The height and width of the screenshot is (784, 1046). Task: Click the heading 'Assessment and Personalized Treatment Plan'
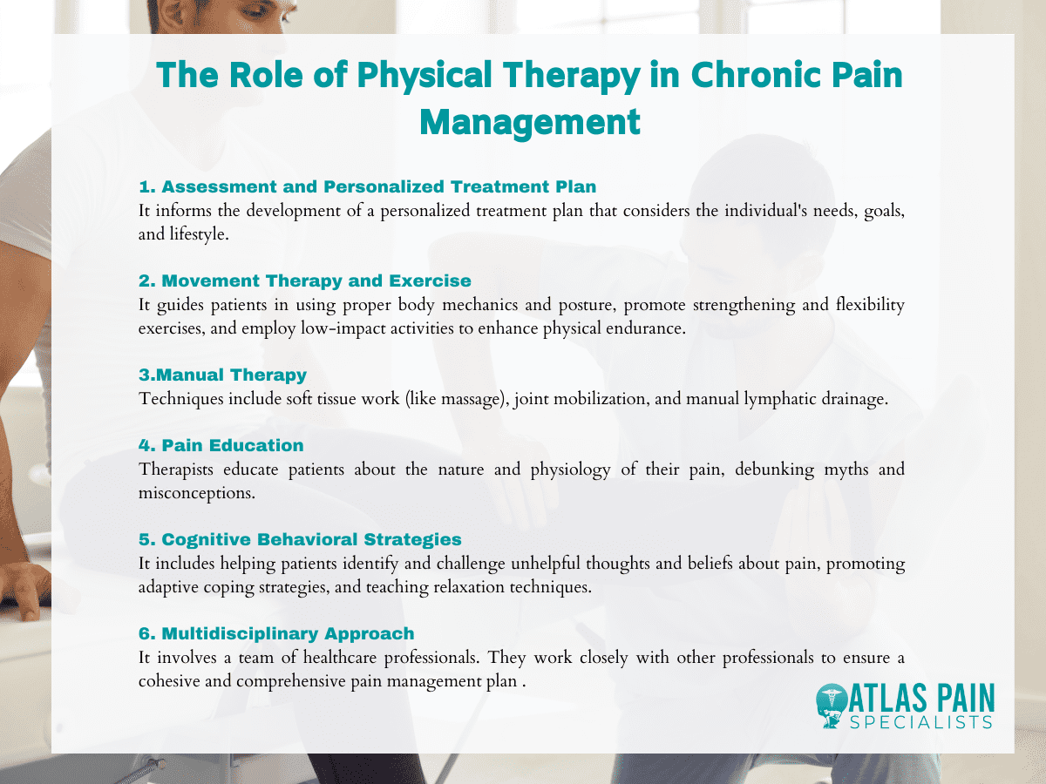pos(368,186)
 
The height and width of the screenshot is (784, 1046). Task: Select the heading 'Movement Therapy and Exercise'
pos(305,280)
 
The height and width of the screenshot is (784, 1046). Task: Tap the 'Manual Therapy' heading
pos(223,375)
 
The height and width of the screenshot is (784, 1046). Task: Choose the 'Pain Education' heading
pos(221,445)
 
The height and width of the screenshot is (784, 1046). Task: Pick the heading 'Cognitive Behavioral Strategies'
pos(300,539)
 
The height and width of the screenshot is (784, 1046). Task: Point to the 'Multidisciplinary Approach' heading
pos(276,633)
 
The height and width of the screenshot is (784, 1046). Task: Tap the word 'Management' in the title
pos(530,121)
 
